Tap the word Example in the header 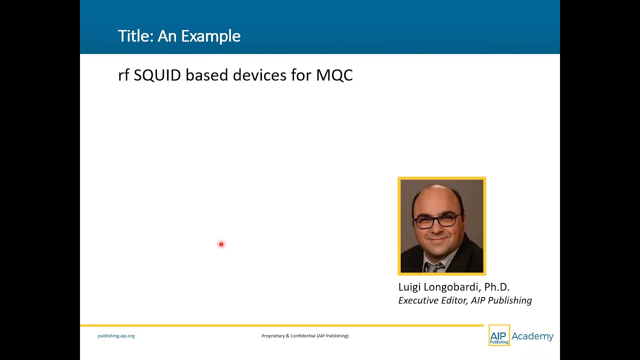click(x=211, y=37)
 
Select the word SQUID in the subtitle click(x=157, y=75)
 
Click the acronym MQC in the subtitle click(x=334, y=75)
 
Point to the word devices click(x=259, y=75)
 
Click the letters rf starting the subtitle click(x=123, y=75)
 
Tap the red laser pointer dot click(x=221, y=244)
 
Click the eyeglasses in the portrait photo click(x=437, y=221)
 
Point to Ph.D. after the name click(x=497, y=287)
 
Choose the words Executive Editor click(x=433, y=300)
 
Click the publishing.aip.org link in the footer click(x=116, y=335)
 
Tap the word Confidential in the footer click(x=303, y=335)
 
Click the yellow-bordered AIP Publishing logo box click(x=499, y=335)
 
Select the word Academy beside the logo click(x=532, y=336)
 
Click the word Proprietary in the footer click(x=273, y=335)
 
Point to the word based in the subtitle click(x=207, y=75)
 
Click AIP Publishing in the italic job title click(x=501, y=300)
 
